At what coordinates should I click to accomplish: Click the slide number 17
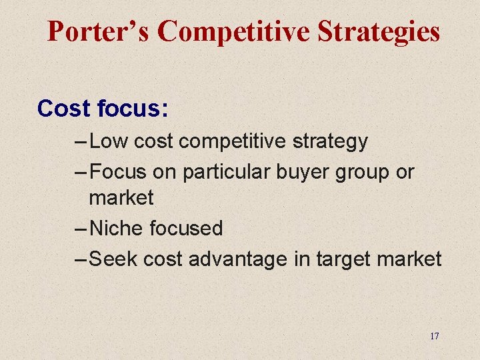434,336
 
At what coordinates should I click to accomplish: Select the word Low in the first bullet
108,141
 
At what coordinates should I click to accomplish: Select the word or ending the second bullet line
405,172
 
